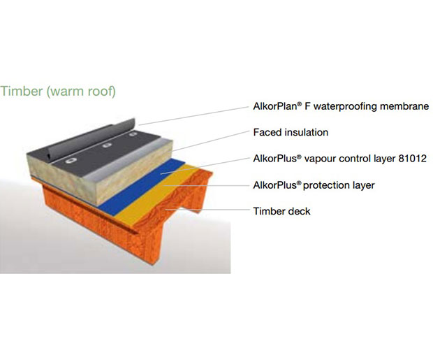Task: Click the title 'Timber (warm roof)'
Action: tap(58, 92)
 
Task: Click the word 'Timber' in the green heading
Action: tap(22, 92)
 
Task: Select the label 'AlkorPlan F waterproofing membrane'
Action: tap(341, 106)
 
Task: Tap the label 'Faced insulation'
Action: tap(291, 132)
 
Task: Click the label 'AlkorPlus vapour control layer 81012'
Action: tap(340, 159)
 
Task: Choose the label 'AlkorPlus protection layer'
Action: tap(314, 185)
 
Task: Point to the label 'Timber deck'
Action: tap(281, 211)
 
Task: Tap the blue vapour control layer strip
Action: tap(141, 184)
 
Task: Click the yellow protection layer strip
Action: tap(157, 194)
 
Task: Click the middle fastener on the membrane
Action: tap(106, 145)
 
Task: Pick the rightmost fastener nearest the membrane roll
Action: tap(133, 134)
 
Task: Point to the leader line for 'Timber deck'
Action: tap(208, 210)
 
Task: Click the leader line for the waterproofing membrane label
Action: tap(194, 116)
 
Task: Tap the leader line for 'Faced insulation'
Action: tap(211, 141)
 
